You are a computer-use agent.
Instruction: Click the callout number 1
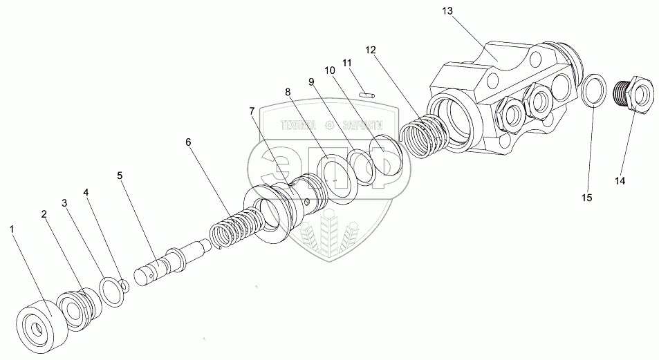[x=11, y=227]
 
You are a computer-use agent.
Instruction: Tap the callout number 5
[x=120, y=176]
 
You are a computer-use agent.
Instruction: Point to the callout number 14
[x=620, y=181]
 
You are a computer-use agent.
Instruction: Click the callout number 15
[x=586, y=198]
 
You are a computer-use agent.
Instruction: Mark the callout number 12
[x=372, y=50]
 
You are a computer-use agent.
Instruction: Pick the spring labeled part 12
[x=423, y=138]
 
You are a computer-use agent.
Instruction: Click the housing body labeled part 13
[x=498, y=97]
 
